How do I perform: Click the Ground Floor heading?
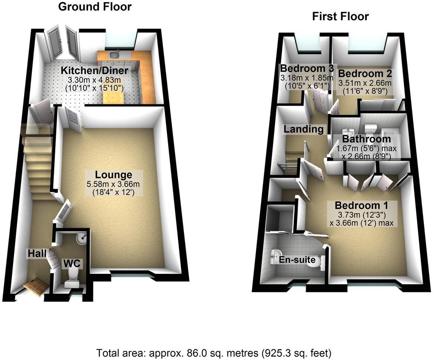(x=95, y=7)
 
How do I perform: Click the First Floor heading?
(x=340, y=16)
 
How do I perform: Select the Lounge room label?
(x=113, y=174)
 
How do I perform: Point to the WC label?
(x=71, y=263)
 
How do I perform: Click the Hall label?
(x=36, y=253)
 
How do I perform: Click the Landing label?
(x=304, y=129)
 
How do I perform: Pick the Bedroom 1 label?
(x=361, y=205)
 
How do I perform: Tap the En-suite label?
(x=298, y=260)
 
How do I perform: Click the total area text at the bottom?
(x=214, y=352)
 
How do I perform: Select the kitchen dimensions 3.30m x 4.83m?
(x=95, y=80)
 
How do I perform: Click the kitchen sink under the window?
(x=115, y=55)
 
